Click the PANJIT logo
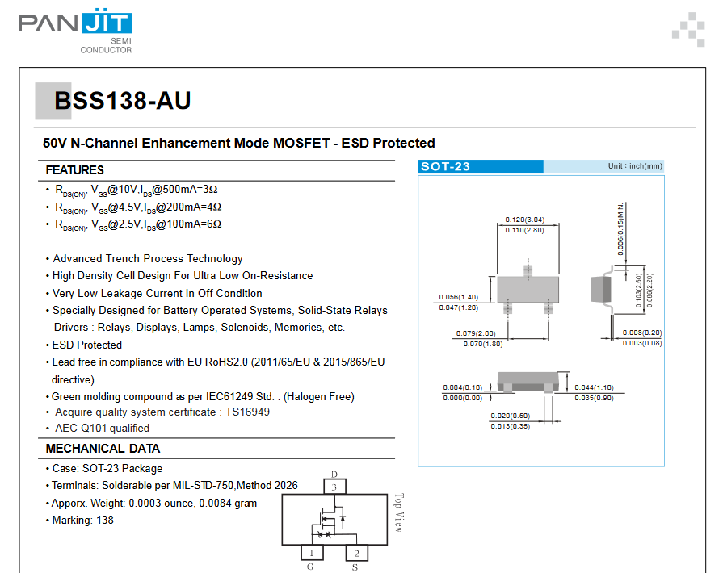(75, 31)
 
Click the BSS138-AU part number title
(122, 100)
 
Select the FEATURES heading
(74, 170)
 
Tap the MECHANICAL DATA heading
(103, 449)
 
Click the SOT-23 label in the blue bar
(445, 166)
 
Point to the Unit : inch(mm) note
(635, 165)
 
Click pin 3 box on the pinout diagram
(334, 487)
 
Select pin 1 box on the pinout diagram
(312, 553)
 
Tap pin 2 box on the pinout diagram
(357, 553)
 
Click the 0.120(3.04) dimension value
(525, 220)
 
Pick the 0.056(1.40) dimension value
(458, 297)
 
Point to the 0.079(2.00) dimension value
(476, 333)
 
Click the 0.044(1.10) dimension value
(594, 387)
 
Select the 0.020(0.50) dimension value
(511, 416)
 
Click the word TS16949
(248, 412)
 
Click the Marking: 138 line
(80, 520)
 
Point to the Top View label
(399, 512)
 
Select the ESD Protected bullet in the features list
(84, 345)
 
